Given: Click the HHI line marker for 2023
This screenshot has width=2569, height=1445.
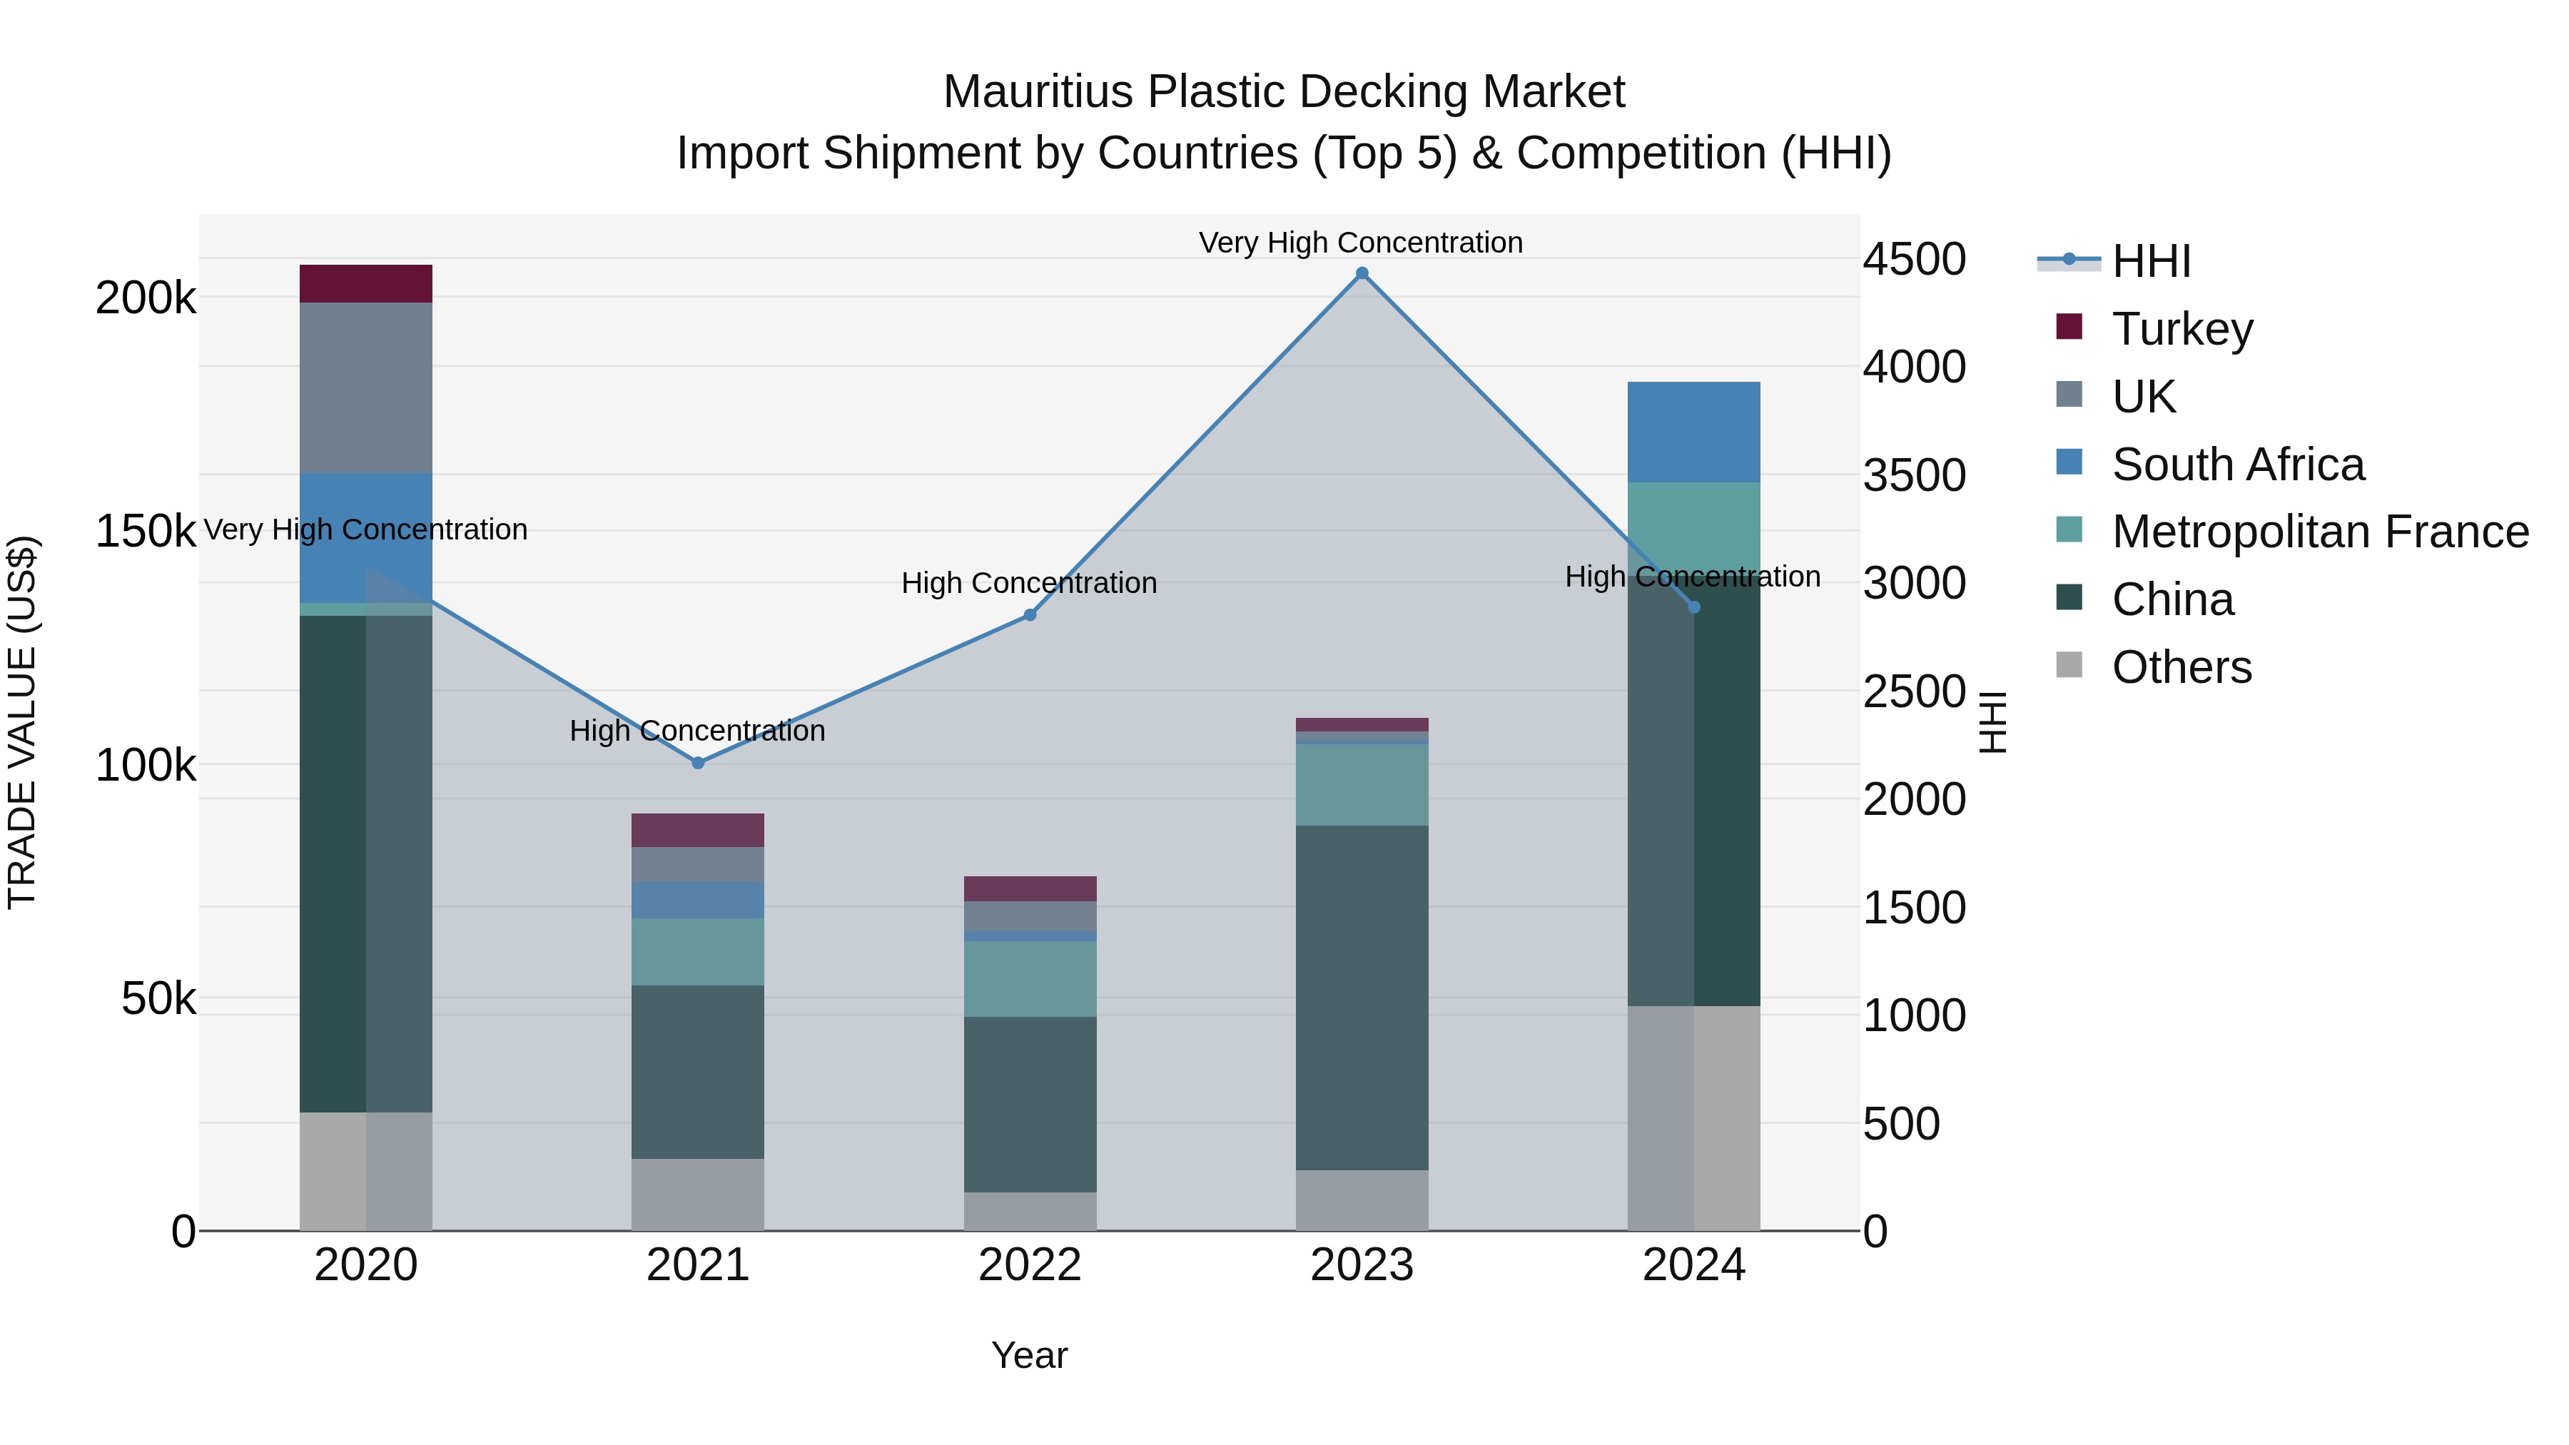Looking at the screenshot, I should tap(1362, 273).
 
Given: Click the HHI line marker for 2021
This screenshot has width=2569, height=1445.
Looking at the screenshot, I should tap(698, 763).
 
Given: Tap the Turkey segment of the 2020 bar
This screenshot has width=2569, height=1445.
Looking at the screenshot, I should tap(366, 283).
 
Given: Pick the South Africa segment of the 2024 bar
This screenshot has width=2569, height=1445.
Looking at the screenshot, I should tap(1693, 432).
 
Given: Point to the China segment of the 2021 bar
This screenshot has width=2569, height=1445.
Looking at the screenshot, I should tap(698, 1072).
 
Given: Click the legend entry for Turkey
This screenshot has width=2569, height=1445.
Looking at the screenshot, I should tap(2181, 329).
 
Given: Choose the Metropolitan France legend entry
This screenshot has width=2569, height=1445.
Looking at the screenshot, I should tap(2319, 532).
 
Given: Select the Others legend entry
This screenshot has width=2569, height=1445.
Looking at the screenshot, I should tap(2181, 667).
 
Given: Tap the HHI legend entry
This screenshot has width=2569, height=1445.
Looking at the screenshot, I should tap(2150, 261).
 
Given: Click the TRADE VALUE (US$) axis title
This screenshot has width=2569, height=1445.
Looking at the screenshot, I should tap(22, 722).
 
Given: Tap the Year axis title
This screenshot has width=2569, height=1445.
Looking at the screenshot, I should tap(1029, 1355).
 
